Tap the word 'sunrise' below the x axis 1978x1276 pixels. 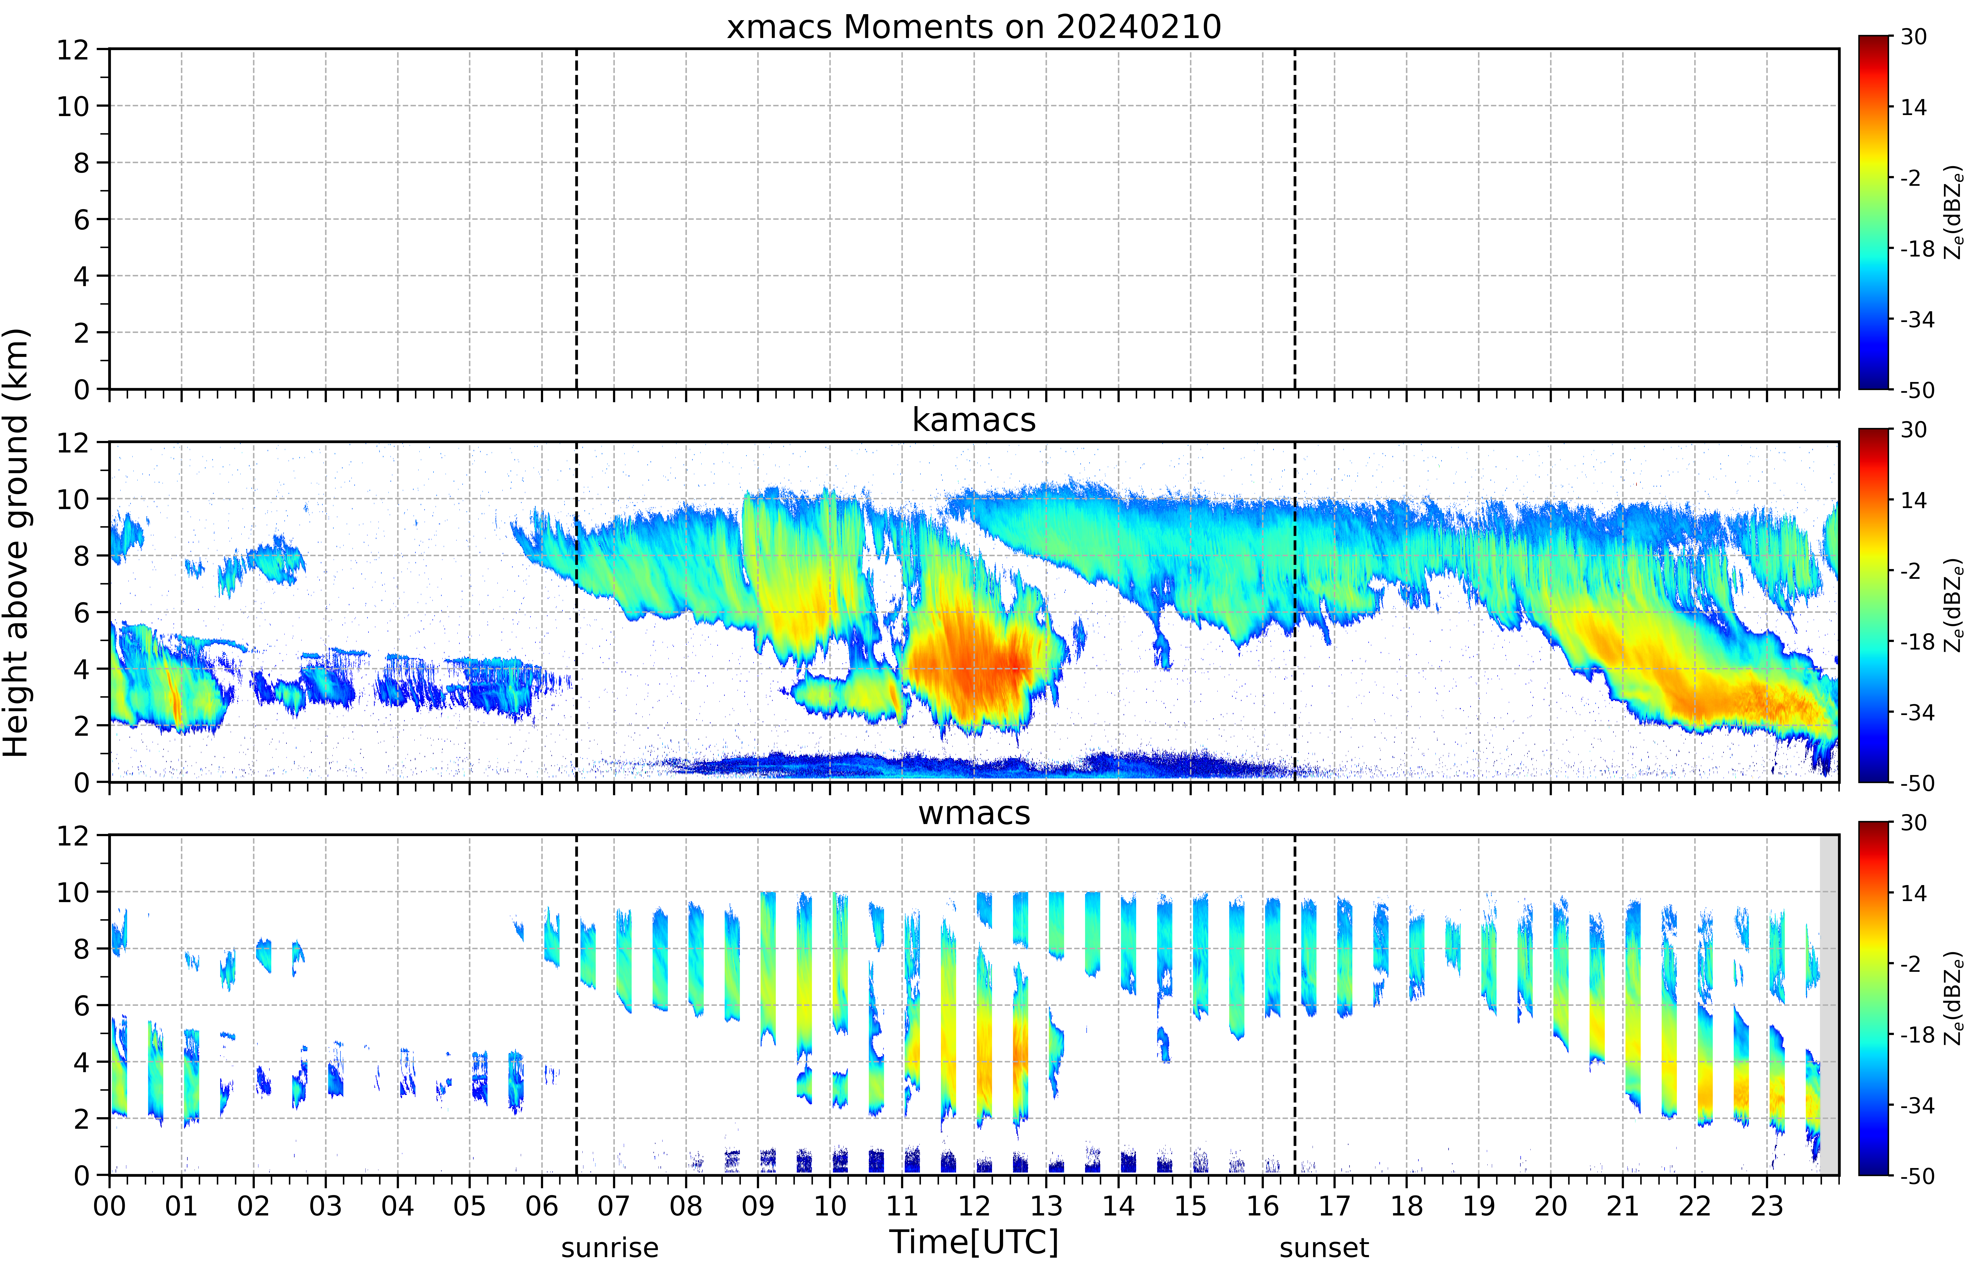coord(610,1248)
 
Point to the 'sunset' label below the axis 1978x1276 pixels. coord(1324,1248)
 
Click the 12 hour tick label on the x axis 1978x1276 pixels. coord(974,1206)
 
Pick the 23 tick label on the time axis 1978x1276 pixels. coord(1767,1206)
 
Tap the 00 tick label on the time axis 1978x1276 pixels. coord(109,1206)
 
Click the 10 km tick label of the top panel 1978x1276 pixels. coord(73,106)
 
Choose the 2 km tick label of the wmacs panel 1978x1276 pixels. coord(81,1119)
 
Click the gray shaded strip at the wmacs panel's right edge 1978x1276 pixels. coord(1829,1004)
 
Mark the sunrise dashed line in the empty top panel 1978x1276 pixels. coord(576,219)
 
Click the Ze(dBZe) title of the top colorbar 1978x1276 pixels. coord(1954,212)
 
